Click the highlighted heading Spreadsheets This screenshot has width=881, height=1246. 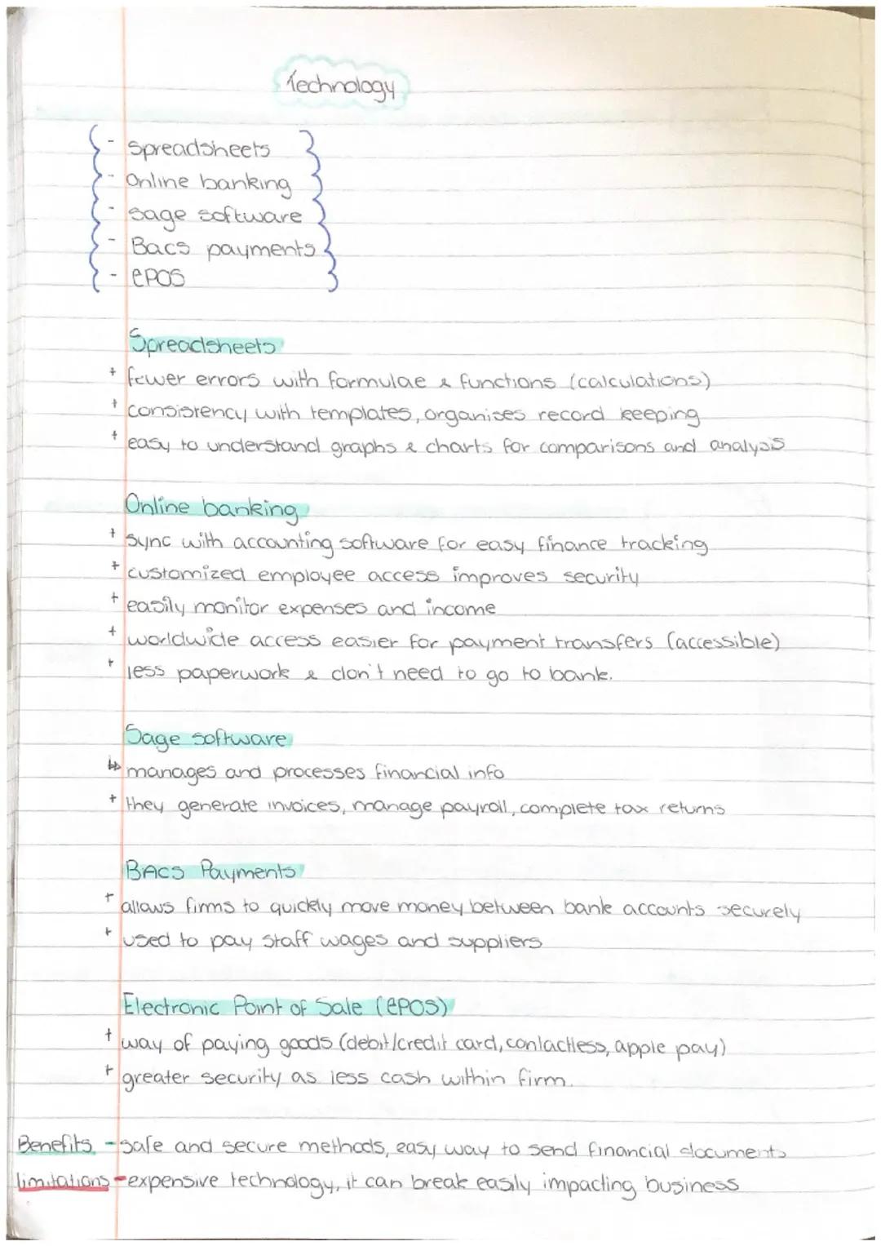coord(202,345)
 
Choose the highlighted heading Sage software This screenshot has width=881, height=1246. coord(206,738)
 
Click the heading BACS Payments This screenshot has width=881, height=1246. coord(210,871)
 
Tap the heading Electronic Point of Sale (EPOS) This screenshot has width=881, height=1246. coord(285,1007)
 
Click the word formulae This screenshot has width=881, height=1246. coord(377,381)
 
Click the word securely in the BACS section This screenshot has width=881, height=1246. coord(758,911)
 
